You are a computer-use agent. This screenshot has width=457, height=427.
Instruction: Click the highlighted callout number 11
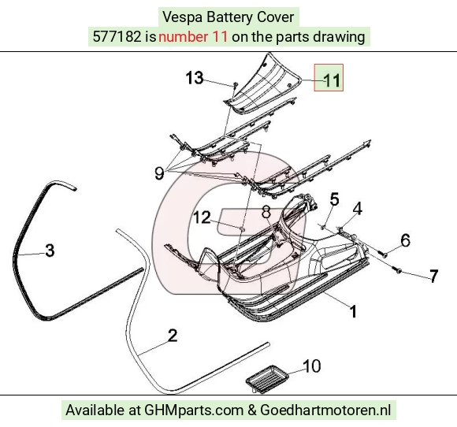[x=332, y=80]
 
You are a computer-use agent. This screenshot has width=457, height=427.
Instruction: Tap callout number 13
[x=195, y=78]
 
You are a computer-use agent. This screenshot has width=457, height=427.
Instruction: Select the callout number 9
[x=159, y=173]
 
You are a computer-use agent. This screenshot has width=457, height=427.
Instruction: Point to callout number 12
[x=202, y=217]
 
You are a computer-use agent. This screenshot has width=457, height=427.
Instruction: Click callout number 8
[x=266, y=212]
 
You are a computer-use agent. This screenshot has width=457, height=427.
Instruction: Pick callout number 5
[x=334, y=199]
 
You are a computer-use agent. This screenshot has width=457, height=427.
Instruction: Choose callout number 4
[x=357, y=209]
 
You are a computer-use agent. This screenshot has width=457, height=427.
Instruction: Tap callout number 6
[x=406, y=239]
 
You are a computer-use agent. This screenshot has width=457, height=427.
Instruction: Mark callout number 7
[x=434, y=276]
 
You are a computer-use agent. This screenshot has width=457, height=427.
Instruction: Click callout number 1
[x=353, y=311]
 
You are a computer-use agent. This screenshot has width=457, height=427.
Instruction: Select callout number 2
[x=173, y=335]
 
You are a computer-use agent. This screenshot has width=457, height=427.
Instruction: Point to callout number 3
[x=50, y=250]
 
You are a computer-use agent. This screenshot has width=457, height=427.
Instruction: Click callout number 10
[x=312, y=366]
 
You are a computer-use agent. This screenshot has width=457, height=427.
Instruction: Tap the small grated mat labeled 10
[x=267, y=379]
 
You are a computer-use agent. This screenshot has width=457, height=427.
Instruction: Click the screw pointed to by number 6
[x=383, y=254]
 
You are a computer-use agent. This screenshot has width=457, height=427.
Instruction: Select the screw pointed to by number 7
[x=396, y=270]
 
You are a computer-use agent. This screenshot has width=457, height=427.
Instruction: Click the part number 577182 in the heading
[x=117, y=37]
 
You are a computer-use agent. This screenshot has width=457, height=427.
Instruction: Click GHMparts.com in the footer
[x=194, y=410]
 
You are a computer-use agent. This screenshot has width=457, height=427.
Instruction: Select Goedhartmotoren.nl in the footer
[x=325, y=410]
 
